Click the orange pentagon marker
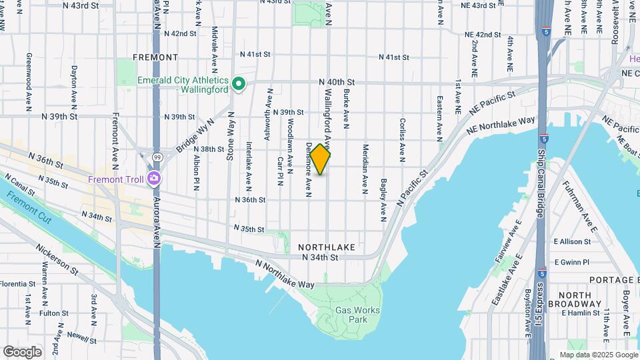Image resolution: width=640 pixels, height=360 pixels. click(321, 160)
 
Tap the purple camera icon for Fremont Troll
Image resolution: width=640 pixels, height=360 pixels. click(154, 178)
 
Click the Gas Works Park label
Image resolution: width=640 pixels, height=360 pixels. click(357, 315)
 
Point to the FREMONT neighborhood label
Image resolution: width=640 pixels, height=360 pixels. click(155, 57)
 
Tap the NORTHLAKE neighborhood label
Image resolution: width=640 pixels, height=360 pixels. click(327, 247)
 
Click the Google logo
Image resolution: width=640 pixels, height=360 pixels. click(22, 351)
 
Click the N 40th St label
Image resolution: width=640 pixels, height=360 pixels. click(337, 82)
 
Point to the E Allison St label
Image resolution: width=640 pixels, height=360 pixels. click(572, 242)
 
